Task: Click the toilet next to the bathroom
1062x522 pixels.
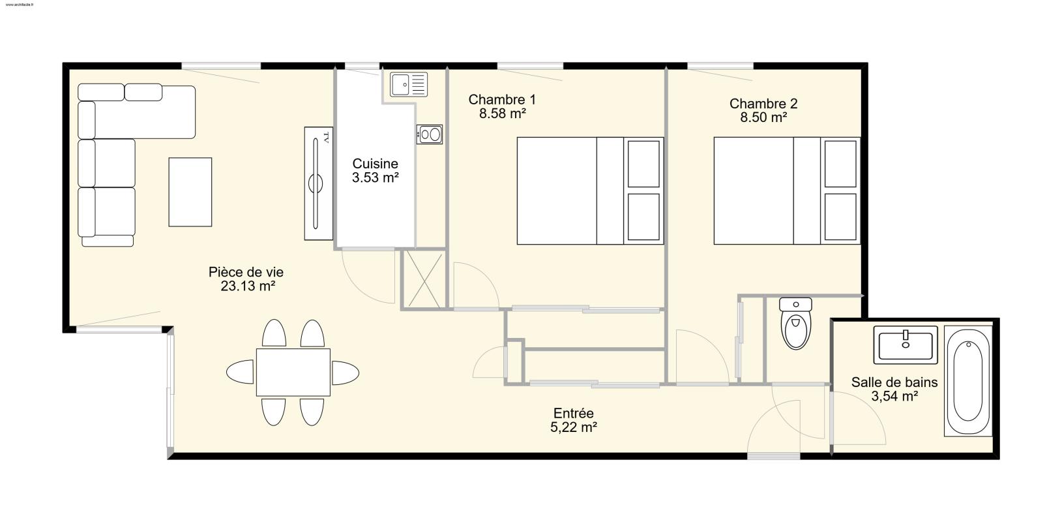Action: [795, 323]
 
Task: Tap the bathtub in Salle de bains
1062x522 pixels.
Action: [967, 380]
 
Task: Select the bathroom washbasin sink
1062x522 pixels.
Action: [906, 345]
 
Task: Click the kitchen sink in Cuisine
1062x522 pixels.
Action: [409, 84]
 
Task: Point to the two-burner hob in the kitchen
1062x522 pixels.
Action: [430, 134]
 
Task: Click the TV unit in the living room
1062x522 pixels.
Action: [319, 183]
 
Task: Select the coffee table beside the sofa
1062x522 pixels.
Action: [190, 192]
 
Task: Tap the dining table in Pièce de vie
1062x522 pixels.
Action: [293, 373]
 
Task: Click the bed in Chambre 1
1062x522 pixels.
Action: [590, 191]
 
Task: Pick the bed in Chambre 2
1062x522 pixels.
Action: [787, 191]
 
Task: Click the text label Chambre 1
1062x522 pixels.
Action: [502, 100]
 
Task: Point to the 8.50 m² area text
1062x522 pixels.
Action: [764, 117]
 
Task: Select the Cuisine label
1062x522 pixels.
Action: [375, 164]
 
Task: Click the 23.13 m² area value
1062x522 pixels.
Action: [248, 286]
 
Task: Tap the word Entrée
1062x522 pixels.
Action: [574, 413]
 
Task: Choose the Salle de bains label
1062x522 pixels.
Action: [894, 382]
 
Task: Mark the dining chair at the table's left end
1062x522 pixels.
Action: [241, 372]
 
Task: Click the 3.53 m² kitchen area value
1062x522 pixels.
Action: [375, 177]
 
